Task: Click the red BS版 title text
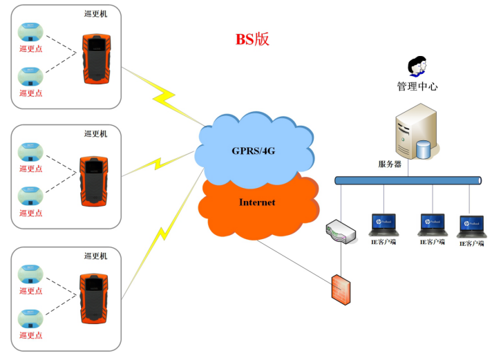tap(252, 39)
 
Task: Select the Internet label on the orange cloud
tap(257, 202)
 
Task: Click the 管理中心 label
tap(417, 87)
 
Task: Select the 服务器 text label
tap(390, 164)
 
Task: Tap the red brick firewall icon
tap(340, 287)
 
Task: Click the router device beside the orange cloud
tap(340, 232)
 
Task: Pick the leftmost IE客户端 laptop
tap(383, 224)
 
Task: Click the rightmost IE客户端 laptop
tap(471, 225)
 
